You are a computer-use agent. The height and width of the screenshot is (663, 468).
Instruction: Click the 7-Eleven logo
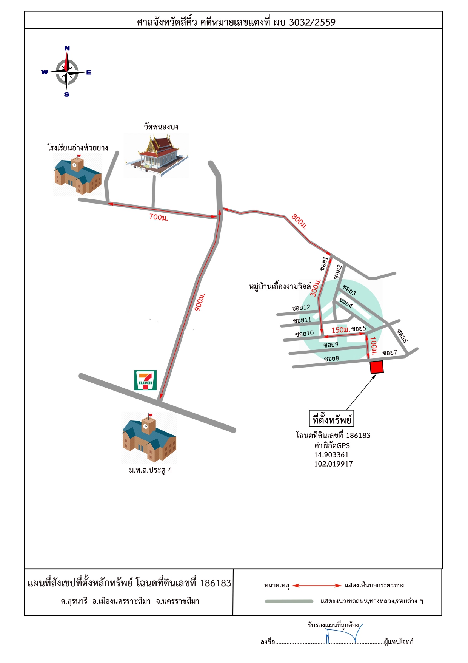point(145,380)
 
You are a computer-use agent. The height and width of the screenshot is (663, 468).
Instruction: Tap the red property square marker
point(377,367)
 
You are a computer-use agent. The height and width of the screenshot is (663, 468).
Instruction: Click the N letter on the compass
point(67,48)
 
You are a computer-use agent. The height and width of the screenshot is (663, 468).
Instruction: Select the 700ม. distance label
point(159,217)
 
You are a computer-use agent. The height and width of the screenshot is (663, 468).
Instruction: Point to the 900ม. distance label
point(200,302)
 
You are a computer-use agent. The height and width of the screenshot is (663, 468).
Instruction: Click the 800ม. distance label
point(300,222)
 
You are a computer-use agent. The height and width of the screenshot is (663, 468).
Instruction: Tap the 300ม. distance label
point(316,288)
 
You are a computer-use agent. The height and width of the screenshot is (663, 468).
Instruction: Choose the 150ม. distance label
point(340,330)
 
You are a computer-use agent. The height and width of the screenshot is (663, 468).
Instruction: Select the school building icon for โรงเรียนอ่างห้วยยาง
point(78,175)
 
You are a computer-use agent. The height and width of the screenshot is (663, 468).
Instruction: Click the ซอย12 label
point(301,308)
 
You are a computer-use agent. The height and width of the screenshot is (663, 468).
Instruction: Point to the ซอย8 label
point(331,359)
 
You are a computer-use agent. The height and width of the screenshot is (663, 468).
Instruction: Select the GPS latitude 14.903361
point(331,455)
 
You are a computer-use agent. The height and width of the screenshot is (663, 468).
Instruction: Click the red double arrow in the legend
point(317,586)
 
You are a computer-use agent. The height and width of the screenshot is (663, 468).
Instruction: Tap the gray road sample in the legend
point(289,601)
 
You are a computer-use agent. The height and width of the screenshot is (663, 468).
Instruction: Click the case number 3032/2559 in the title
point(312,22)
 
